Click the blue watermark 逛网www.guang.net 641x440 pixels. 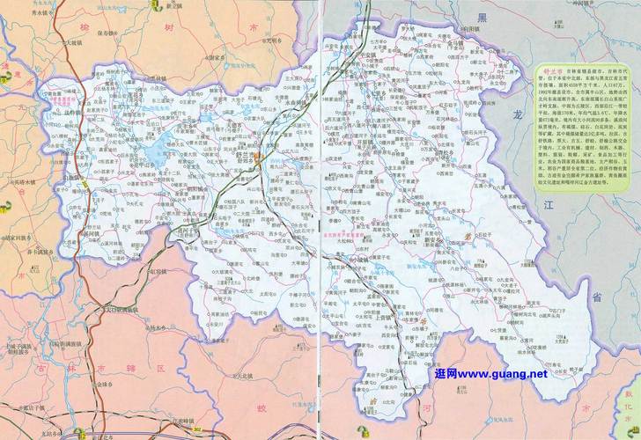pos(490,374)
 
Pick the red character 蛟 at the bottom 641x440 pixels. pos(262,407)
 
